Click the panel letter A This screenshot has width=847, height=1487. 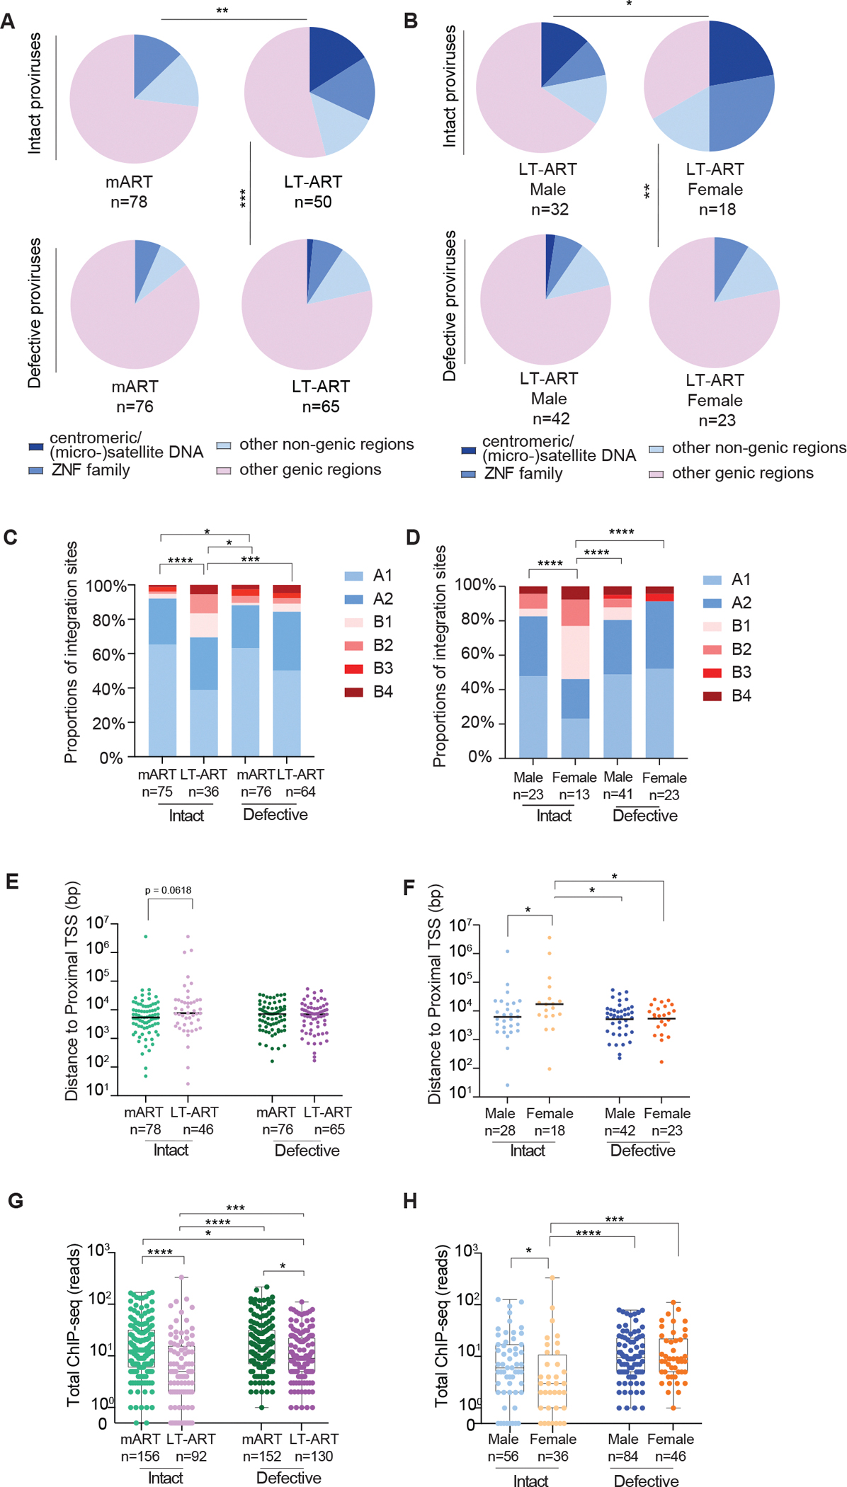coord(8,21)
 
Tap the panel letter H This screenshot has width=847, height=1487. coord(410,1201)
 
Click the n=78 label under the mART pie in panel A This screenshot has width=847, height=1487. coord(129,202)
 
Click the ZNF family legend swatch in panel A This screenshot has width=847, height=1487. coord(36,470)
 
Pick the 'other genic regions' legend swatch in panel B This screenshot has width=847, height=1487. coord(656,474)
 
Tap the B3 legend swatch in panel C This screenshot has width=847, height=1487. coord(354,668)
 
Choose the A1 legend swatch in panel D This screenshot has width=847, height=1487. coord(712,580)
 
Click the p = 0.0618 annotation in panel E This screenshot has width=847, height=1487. coord(168,890)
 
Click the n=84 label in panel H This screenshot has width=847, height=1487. coord(623,1457)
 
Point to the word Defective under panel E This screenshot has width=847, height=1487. coord(307,1151)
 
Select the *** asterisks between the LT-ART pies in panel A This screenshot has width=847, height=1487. coord(243,198)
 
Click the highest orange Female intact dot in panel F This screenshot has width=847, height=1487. coord(550,938)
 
